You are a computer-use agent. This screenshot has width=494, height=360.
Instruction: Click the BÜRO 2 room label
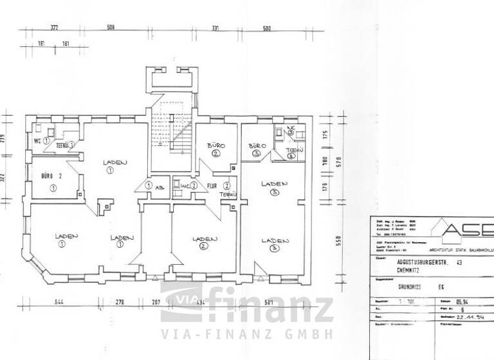51,175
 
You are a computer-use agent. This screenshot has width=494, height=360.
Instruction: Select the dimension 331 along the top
215,28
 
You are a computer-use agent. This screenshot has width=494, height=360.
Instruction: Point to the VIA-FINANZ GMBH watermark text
247,334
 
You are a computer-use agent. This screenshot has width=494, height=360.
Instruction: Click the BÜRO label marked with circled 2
215,146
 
